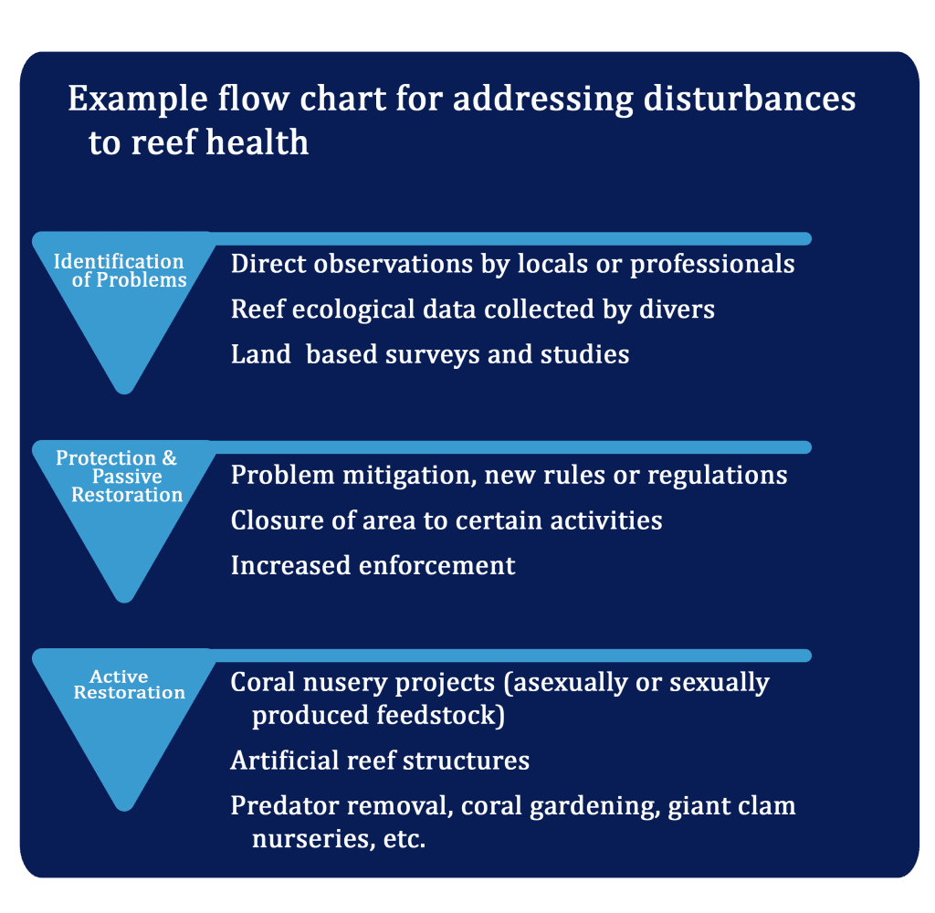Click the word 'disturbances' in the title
coord(750,99)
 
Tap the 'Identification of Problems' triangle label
coord(120,270)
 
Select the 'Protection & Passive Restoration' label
coord(120,476)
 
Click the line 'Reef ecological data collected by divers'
coord(473,310)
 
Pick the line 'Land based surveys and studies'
coord(430,354)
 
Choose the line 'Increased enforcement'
coord(373,565)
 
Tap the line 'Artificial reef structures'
coord(380,761)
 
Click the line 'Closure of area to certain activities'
coord(446,520)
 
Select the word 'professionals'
coord(712,264)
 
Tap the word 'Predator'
coord(285,805)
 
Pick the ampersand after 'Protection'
coord(169,458)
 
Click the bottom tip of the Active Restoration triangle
coord(124,811)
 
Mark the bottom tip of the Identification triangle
coord(124,393)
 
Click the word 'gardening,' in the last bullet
coord(594,807)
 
